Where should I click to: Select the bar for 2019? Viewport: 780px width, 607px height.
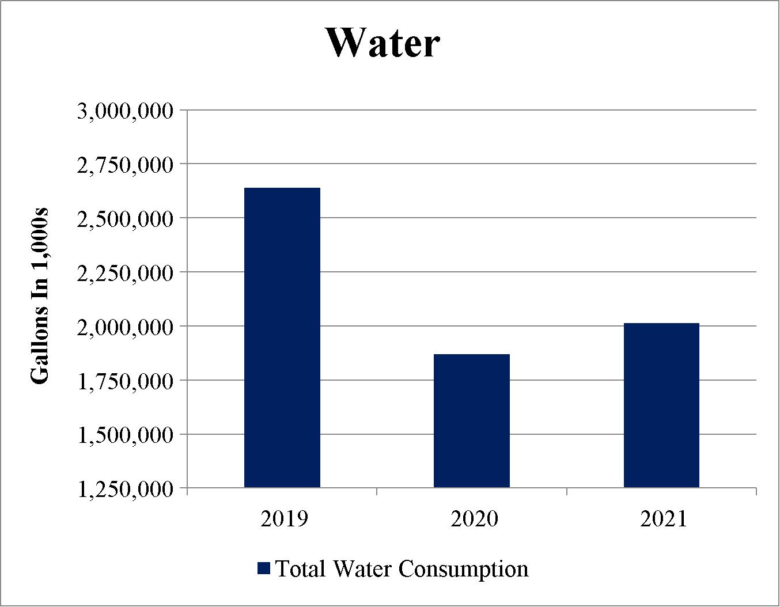pos(282,337)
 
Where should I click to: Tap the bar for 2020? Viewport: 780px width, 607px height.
pos(472,420)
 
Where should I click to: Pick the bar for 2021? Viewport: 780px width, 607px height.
pos(661,405)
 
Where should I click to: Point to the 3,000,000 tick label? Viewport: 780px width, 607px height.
pos(125,112)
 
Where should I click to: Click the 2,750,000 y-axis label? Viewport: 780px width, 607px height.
pos(125,166)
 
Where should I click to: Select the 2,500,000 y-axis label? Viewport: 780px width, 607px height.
pos(125,220)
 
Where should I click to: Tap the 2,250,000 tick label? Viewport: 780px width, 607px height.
pos(125,274)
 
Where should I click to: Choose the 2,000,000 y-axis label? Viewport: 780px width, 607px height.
pos(125,328)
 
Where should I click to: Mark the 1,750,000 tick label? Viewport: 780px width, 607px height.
pos(125,382)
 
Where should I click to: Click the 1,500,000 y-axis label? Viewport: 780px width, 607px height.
pos(125,436)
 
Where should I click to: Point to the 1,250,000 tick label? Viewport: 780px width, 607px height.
pos(125,490)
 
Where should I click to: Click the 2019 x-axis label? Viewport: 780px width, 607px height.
pos(284,519)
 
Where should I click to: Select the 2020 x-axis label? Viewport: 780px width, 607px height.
pos(474,519)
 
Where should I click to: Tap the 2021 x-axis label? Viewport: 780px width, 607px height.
pos(663,519)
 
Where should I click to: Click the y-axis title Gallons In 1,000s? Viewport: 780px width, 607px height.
pos(39,297)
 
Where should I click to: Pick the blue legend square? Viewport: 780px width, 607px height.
pos(263,568)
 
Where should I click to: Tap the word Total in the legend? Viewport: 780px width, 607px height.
pos(300,568)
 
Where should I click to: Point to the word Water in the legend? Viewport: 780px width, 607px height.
pos(362,568)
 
